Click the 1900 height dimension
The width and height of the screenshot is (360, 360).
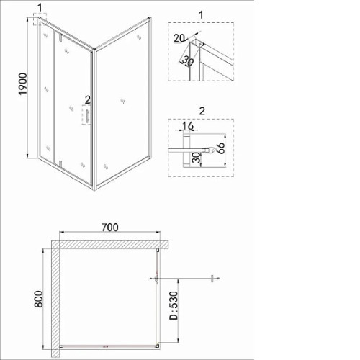coord(24,84)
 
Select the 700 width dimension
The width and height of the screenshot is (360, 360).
coord(110,228)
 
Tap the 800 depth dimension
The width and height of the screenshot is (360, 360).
coord(38,299)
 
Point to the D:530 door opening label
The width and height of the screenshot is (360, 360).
coord(174,305)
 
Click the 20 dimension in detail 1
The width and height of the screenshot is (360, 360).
coord(179,38)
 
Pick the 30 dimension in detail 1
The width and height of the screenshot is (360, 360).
coord(188,61)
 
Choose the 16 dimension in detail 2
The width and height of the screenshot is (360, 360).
coord(188,125)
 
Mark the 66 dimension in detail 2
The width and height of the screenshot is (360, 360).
coord(220,148)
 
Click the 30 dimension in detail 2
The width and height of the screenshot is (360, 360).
coord(197,158)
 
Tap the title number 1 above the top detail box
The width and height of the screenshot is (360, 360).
coord(201,15)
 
